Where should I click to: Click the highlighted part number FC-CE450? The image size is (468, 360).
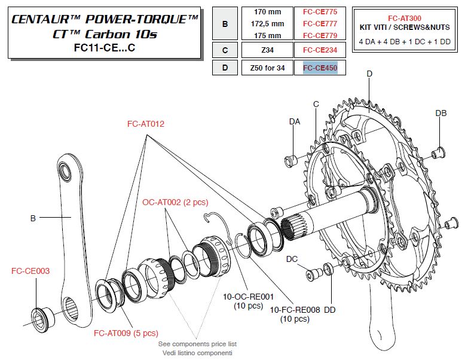(320, 68)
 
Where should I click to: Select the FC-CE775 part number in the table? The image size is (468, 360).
(320, 13)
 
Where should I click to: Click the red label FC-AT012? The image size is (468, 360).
(145, 124)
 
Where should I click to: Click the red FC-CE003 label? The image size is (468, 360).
(30, 271)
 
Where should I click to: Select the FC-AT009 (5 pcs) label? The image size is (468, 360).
(126, 333)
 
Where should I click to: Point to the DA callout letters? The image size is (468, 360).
(294, 121)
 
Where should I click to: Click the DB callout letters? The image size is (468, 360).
(441, 113)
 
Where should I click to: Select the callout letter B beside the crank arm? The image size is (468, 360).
(33, 218)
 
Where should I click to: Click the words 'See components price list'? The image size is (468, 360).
(197, 345)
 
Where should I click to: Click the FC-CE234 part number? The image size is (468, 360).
(320, 50)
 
